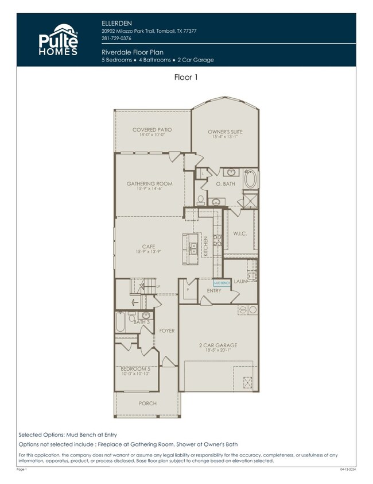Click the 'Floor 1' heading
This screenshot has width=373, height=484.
point(186,76)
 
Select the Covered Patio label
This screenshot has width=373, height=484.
point(152,130)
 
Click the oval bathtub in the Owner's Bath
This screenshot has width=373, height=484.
point(251,179)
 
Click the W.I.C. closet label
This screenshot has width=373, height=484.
point(240,233)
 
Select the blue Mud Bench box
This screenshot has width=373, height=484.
point(222,283)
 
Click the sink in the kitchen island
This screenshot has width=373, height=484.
point(194,249)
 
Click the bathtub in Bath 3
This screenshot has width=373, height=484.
point(121,322)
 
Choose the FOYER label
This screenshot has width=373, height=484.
point(166,331)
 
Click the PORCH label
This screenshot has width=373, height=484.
point(147,403)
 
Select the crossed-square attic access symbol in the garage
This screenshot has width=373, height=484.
point(248,382)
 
